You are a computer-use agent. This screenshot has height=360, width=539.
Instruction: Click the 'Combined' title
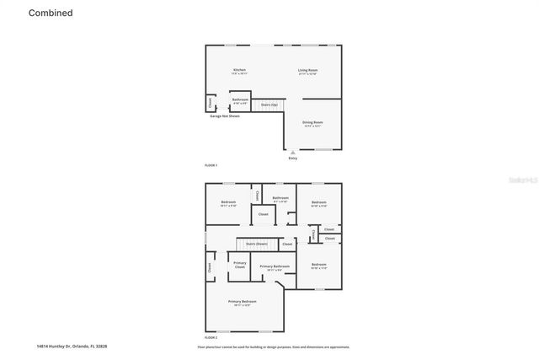point(51,13)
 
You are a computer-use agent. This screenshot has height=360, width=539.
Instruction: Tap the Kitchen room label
point(239,71)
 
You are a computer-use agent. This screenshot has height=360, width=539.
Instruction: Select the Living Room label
point(307,71)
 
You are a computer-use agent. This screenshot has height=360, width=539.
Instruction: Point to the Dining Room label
point(312,123)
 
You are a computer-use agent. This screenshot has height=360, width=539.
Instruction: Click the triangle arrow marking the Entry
point(293,153)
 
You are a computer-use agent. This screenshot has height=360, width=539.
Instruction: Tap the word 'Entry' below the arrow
point(293,158)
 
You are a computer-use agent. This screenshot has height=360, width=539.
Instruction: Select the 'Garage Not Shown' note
point(225,116)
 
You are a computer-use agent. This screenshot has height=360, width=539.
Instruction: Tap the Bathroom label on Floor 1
point(240,100)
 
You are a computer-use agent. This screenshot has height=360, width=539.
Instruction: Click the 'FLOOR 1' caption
point(211,164)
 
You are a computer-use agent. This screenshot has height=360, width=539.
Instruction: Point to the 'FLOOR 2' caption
point(211,337)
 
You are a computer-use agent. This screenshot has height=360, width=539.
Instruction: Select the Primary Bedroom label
point(243,302)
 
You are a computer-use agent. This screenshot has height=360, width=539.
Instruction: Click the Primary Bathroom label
point(275,267)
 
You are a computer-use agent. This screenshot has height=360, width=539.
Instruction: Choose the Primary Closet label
point(240,265)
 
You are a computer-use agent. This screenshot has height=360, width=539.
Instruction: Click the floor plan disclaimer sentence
point(274,347)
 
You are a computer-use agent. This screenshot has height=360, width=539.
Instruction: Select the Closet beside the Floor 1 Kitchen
point(210,103)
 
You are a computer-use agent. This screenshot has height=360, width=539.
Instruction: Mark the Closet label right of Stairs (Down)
point(287,244)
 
